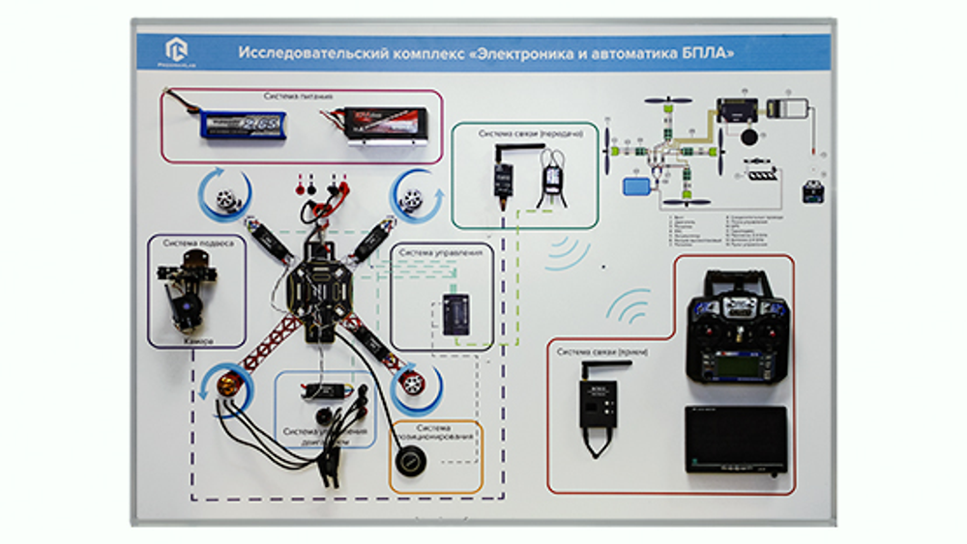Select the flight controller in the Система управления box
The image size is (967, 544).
pyautogui.click(x=454, y=314)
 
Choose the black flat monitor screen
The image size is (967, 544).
pyautogui.click(x=735, y=440)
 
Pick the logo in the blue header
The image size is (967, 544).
pyautogui.click(x=177, y=50)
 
